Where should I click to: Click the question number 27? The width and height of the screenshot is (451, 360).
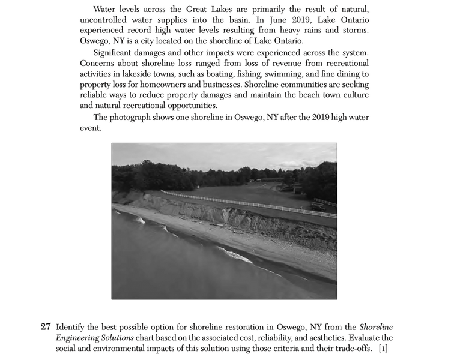46,328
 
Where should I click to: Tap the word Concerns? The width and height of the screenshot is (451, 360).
98,64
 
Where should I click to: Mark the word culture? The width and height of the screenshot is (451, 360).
354,95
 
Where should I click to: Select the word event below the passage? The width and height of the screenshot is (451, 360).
91,128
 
